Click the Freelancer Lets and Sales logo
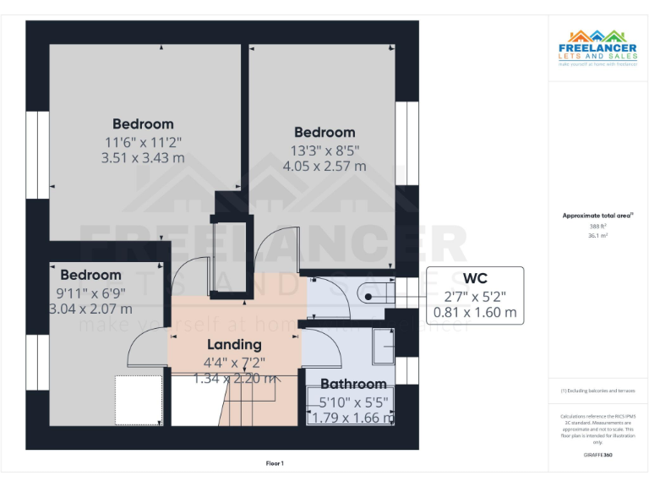point(597,47)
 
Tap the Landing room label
point(234,344)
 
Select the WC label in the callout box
point(475,278)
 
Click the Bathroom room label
point(353,384)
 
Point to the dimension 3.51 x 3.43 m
point(143,157)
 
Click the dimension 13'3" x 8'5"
point(324,150)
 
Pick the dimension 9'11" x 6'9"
point(90,293)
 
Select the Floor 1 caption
point(275,463)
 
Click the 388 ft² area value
point(597,227)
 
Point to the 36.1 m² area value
point(597,236)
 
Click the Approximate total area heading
point(597,216)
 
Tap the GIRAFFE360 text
point(597,455)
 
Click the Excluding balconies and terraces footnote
point(597,391)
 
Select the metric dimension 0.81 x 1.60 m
point(475,312)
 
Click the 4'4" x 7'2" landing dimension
point(234,362)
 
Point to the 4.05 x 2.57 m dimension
point(324,166)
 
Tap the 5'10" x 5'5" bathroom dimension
point(353,402)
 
